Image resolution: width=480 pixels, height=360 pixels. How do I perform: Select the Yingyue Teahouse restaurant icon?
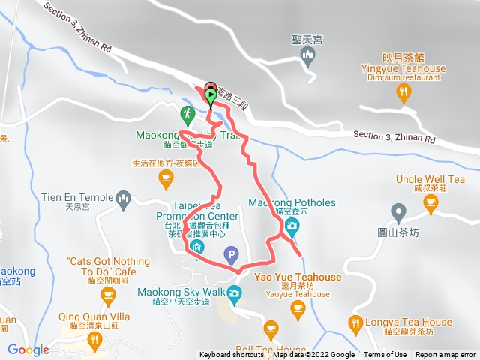pyautogui.click(x=404, y=93)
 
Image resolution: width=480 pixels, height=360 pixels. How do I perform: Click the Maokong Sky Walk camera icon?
pyautogui.click(x=236, y=292)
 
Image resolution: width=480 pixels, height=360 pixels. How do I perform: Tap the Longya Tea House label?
pyautogui.click(x=409, y=322)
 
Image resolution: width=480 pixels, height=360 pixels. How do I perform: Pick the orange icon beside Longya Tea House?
pyautogui.click(x=356, y=323)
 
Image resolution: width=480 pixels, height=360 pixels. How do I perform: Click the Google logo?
pyautogui.click(x=28, y=349)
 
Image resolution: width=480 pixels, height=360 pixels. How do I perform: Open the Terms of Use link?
pyautogui.click(x=385, y=355)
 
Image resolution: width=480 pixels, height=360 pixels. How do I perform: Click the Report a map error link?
pyautogui.click(x=446, y=355)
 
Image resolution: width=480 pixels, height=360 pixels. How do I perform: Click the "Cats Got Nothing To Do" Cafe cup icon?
pyautogui.click(x=109, y=295)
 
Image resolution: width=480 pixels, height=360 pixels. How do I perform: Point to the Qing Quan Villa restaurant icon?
pyautogui.click(x=95, y=341)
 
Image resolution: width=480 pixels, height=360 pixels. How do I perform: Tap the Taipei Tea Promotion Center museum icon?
pyautogui.click(x=197, y=247)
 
